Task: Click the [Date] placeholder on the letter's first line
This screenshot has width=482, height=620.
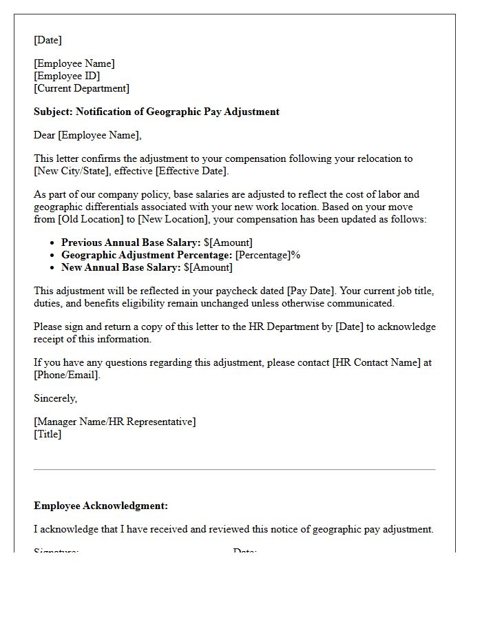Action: click(48, 40)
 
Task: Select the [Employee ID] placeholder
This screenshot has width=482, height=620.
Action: click(67, 76)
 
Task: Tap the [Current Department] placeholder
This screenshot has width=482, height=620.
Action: click(81, 88)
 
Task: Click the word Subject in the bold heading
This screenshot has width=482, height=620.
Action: click(52, 112)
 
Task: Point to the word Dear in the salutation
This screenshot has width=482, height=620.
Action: click(45, 135)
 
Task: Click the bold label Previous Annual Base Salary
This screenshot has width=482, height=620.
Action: click(131, 242)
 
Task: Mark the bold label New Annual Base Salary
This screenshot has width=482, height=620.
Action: click(121, 267)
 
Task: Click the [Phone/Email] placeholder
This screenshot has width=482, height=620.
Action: click(66, 375)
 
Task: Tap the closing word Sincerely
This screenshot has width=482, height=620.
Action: click(55, 398)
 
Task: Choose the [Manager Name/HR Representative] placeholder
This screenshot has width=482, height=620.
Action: click(114, 422)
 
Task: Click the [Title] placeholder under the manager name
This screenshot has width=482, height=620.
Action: click(48, 434)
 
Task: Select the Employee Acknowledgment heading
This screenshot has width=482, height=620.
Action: click(101, 506)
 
